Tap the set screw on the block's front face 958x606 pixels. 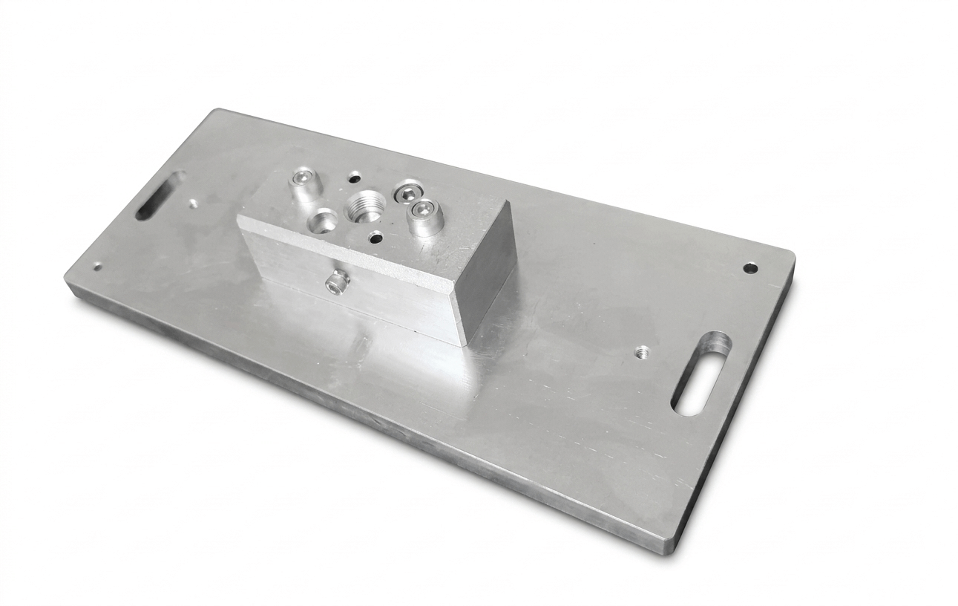[338, 281]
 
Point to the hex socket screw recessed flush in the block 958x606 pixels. [407, 192]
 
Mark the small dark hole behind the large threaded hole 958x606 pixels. [355, 177]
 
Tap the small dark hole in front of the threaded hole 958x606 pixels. [376, 238]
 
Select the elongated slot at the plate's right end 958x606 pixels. [701, 373]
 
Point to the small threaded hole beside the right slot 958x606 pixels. [643, 350]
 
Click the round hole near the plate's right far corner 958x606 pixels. [750, 267]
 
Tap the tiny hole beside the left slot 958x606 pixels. [193, 202]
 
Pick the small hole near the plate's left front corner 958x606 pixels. [96, 267]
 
